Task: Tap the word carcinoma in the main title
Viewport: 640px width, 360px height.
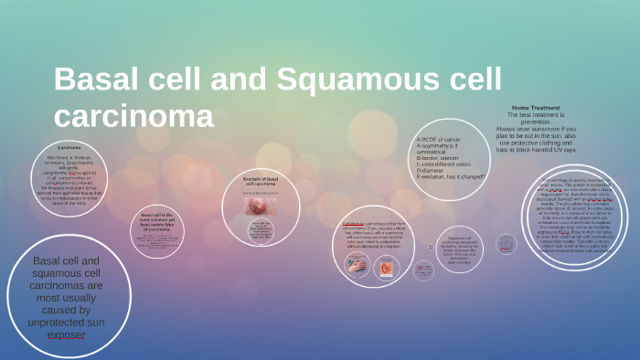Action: [x=133, y=117]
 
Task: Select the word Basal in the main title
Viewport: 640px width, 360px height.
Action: [x=91, y=80]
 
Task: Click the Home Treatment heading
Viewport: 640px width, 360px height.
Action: [x=536, y=107]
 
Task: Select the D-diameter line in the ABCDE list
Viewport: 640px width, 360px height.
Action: [x=437, y=170]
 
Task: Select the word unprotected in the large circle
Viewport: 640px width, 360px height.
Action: [x=66, y=323]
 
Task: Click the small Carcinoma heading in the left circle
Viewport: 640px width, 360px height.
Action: [x=69, y=147]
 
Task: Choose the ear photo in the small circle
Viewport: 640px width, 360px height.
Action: [x=386, y=268]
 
